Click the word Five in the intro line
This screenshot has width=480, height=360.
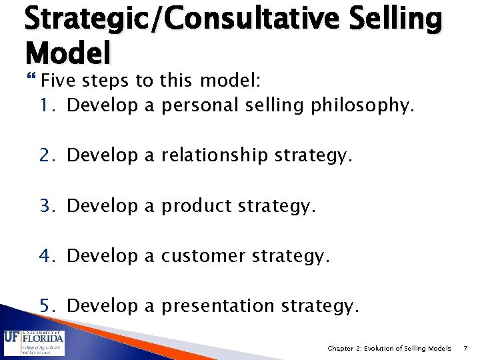[x=56, y=81]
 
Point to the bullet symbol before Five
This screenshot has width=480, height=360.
[x=33, y=81]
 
